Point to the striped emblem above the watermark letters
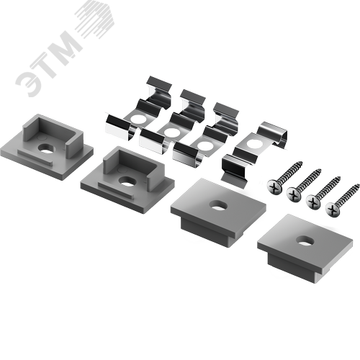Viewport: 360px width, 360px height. [x=95, y=19]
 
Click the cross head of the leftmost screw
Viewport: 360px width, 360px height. [x=274, y=186]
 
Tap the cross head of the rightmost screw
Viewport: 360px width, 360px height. [x=333, y=210]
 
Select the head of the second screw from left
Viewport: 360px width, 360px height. [x=294, y=194]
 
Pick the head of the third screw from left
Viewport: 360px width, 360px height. [x=313, y=202]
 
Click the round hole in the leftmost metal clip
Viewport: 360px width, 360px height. [x=138, y=118]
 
